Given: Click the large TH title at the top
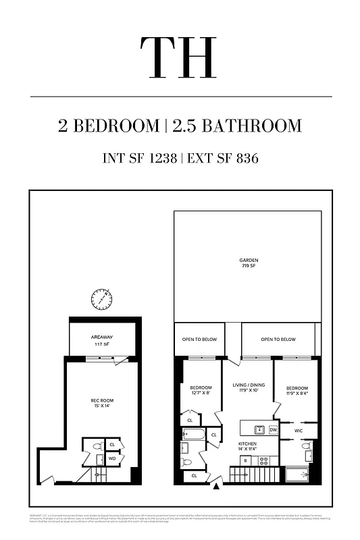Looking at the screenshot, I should point(179,52).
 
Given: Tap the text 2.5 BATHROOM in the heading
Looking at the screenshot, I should point(237,126).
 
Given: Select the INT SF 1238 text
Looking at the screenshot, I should point(139,159).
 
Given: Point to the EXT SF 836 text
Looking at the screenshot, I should point(224,159).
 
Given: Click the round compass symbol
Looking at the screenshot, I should point(101,298).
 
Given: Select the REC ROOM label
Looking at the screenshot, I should point(102,404).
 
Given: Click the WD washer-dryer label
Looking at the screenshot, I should point(112,459).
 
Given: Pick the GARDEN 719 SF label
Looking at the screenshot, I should point(249,263).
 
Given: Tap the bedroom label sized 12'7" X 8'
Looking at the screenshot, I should point(201,390).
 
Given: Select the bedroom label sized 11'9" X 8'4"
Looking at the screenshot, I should point(297,391).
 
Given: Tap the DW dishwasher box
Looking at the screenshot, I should point(273,429).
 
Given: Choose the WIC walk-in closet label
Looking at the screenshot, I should point(298,430).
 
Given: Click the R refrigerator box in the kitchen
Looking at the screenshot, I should point(246,460).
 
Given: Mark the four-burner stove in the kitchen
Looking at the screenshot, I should point(264,460).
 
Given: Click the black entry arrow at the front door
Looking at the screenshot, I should point(216,484).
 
